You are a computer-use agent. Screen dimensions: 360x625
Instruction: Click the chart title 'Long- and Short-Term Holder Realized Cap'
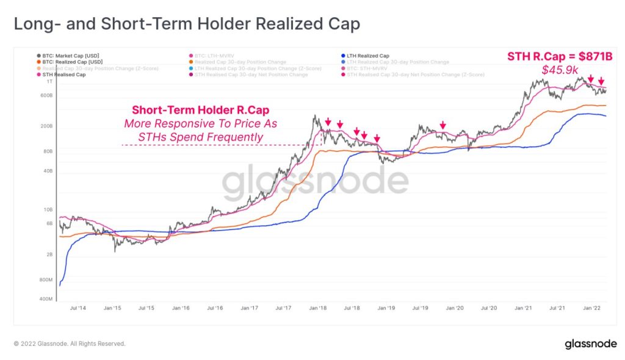pyautogui.click(x=187, y=24)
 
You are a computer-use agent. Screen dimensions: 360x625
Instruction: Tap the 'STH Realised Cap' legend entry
pyautogui.click(x=64, y=75)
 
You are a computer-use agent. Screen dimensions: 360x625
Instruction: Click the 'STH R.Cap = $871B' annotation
pyautogui.click(x=559, y=57)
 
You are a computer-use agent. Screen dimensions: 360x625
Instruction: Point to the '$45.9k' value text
pyautogui.click(x=560, y=70)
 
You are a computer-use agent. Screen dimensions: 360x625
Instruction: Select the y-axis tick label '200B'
pyautogui.click(x=46, y=126)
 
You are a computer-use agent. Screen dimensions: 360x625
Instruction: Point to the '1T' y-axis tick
pyautogui.click(x=50, y=81)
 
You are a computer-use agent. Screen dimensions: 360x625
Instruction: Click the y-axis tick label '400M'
pyautogui.click(x=46, y=300)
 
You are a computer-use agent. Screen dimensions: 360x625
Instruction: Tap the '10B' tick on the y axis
pyautogui.click(x=48, y=210)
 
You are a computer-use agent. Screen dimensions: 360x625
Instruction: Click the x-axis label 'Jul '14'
pyautogui.click(x=78, y=309)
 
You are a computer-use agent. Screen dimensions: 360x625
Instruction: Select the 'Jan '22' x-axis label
pyautogui.click(x=590, y=309)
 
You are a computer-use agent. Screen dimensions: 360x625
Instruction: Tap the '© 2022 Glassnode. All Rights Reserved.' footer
pyautogui.click(x=70, y=344)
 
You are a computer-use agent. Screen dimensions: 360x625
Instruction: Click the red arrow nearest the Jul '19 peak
pyautogui.click(x=443, y=126)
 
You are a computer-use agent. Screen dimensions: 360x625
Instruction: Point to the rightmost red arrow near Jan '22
pyautogui.click(x=601, y=82)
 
